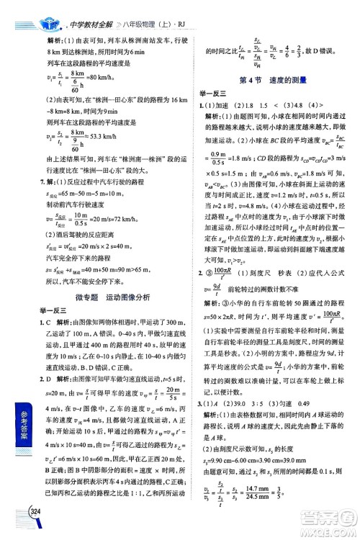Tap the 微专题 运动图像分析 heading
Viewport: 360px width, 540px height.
coord(109,275)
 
